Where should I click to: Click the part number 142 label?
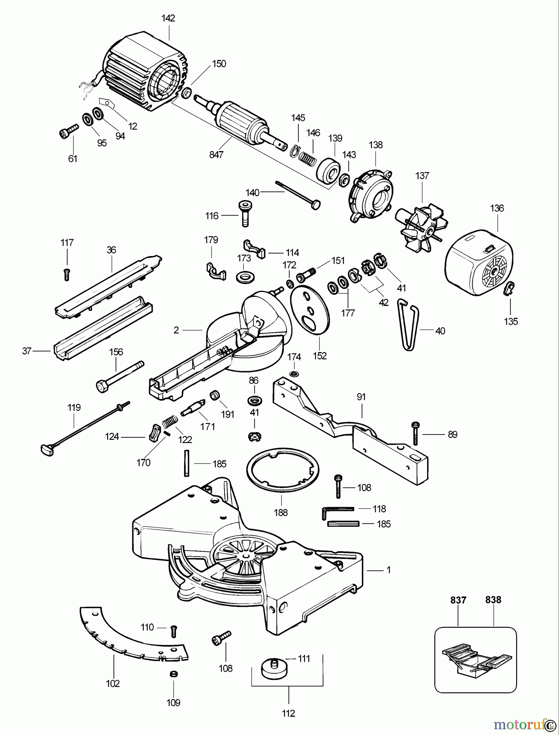[x=168, y=18]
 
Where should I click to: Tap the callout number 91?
[x=361, y=396]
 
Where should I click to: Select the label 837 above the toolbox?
[x=458, y=600]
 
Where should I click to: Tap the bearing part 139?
[x=329, y=170]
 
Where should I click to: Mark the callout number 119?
[x=74, y=407]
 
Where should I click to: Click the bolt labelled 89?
[x=415, y=433]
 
